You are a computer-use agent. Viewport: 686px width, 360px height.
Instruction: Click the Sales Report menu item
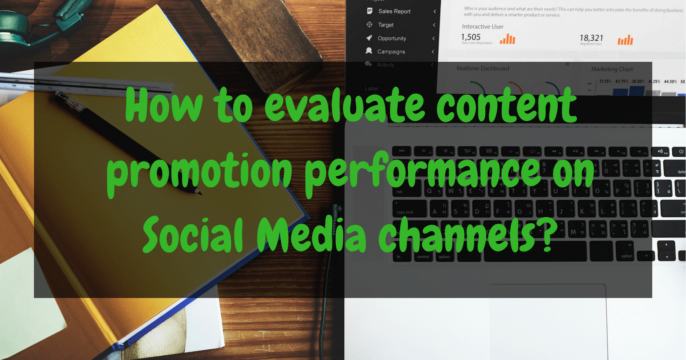click(x=394, y=12)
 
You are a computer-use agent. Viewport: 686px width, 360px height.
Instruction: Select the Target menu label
click(x=385, y=25)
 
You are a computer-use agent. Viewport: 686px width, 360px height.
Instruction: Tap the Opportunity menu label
click(x=391, y=38)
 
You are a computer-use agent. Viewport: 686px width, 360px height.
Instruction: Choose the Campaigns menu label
click(x=391, y=51)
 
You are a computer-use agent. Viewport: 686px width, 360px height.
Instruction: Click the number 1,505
click(x=471, y=37)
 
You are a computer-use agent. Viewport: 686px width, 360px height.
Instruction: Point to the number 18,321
click(x=591, y=38)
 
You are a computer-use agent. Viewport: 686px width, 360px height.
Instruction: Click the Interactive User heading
click(x=482, y=27)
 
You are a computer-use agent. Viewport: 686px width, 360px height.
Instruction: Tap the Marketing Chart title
click(x=612, y=69)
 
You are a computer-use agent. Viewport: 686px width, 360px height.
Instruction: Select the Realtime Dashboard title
click(x=483, y=68)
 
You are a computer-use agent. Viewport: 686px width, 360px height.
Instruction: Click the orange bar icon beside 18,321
click(x=625, y=40)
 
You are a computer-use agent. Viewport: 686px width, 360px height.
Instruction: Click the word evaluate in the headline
click(x=345, y=105)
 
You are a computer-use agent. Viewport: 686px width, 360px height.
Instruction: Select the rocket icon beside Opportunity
click(x=369, y=38)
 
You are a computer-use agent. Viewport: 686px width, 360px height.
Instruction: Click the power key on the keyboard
click(x=681, y=151)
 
